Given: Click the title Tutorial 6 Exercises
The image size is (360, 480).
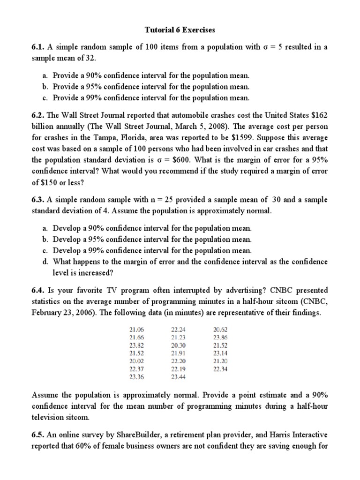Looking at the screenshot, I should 180,30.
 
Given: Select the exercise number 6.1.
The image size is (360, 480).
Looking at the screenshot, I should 38,47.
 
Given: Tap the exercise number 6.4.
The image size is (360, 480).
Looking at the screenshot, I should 38,291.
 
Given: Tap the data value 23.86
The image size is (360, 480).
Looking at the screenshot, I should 220,337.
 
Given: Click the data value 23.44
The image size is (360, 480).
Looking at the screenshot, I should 178,377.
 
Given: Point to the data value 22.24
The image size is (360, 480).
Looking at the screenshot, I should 178,330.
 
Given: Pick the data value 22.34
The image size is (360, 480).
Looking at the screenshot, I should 220,369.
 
